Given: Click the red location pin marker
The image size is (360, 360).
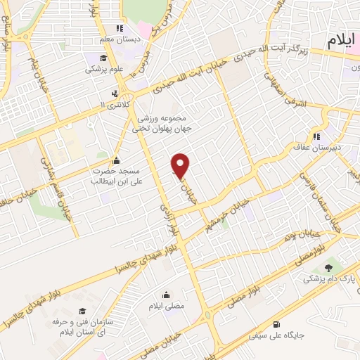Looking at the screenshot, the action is [181, 166].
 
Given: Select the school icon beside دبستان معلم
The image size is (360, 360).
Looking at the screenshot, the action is [120, 29].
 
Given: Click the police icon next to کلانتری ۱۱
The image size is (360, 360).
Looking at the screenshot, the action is [115, 93].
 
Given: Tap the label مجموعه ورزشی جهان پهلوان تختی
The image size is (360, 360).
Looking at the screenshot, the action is [161, 124].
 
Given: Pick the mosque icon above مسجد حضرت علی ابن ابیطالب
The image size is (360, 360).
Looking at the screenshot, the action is [117, 159].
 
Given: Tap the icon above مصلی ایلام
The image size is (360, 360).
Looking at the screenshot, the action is [166, 295].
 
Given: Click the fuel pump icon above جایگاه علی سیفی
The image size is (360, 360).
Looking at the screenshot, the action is [275, 324].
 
